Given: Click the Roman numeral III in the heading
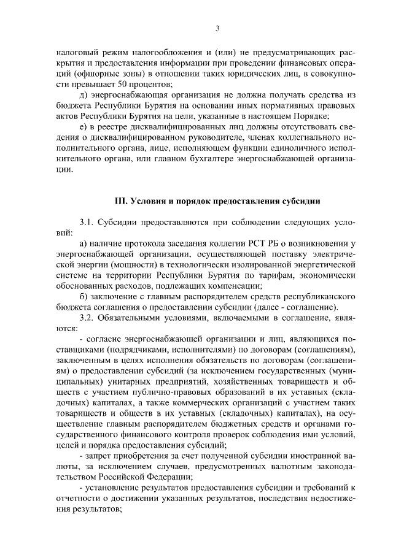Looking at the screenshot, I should (x=121, y=201).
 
